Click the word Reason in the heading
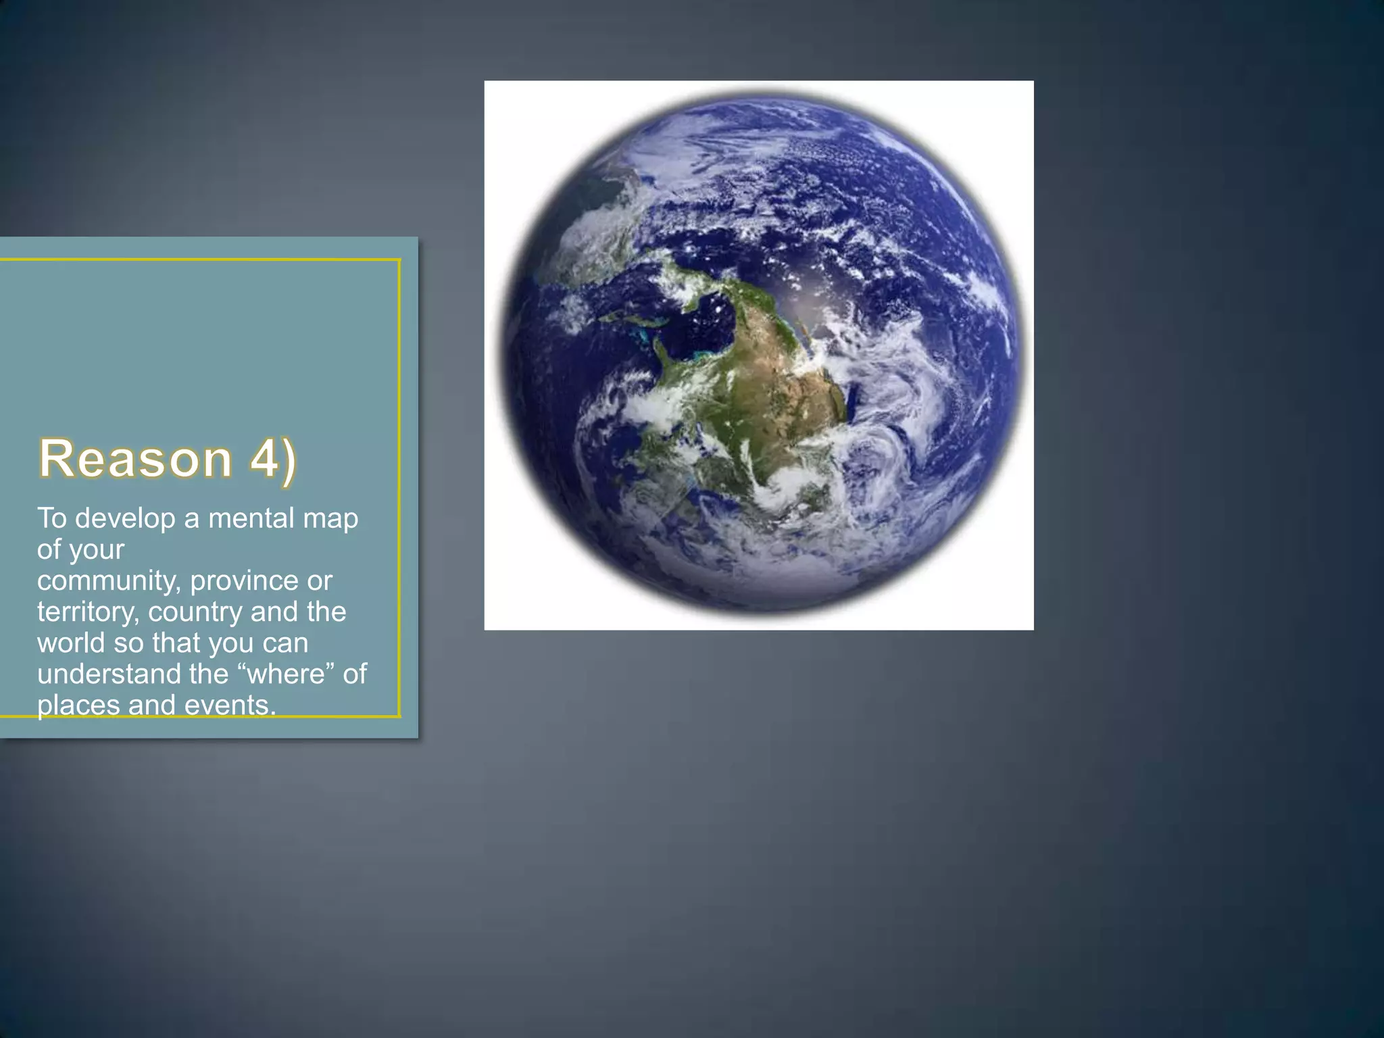(135, 459)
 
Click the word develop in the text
(125, 518)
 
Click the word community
(108, 580)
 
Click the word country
(195, 612)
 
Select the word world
(71, 643)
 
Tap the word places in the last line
(78, 705)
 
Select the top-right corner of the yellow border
(399, 260)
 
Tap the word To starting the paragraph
(52, 518)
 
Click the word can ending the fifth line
(285, 643)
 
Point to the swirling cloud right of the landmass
(885, 378)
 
